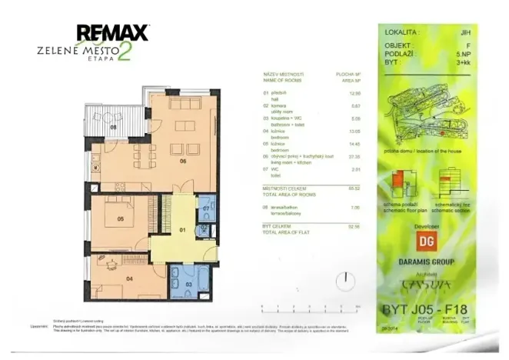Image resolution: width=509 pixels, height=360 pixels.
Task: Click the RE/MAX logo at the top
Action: click(x=112, y=33)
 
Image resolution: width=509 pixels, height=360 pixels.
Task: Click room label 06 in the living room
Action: click(x=184, y=162)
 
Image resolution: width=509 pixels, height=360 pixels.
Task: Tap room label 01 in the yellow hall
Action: click(x=183, y=229)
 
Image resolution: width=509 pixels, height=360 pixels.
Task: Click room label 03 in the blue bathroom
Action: click(x=188, y=285)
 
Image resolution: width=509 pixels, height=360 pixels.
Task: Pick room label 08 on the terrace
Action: click(x=113, y=127)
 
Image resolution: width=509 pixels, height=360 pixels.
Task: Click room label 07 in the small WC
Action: click(x=206, y=208)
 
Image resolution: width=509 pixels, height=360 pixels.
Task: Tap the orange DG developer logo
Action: click(x=425, y=240)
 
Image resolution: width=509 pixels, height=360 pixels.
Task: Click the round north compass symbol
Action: click(x=347, y=278)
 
